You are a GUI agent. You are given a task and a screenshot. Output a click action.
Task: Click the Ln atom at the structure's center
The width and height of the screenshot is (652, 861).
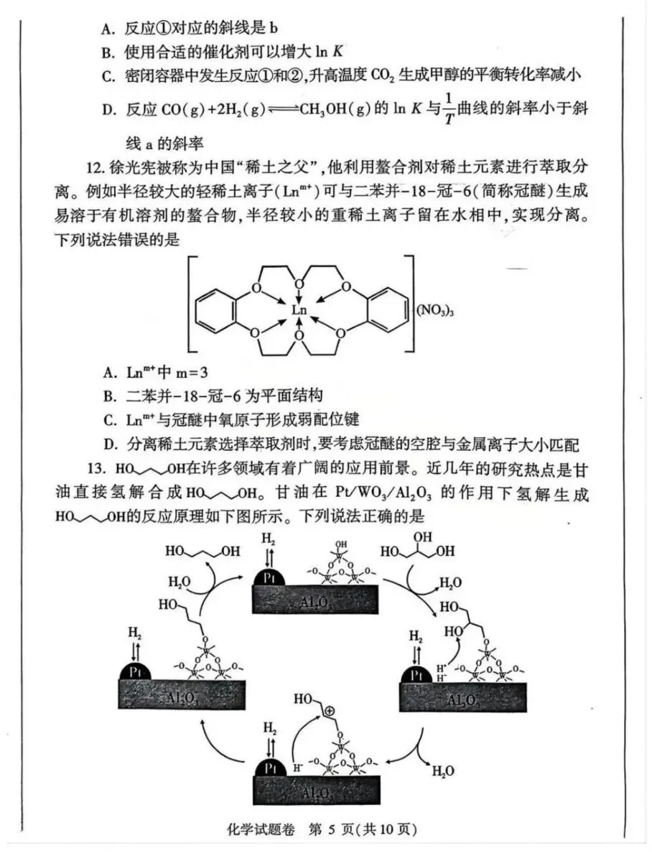click(299, 310)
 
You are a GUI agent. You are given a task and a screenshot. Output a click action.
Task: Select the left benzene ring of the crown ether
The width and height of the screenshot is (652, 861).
click(217, 310)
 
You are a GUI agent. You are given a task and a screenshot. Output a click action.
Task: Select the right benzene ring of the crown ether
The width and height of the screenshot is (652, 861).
click(381, 310)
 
